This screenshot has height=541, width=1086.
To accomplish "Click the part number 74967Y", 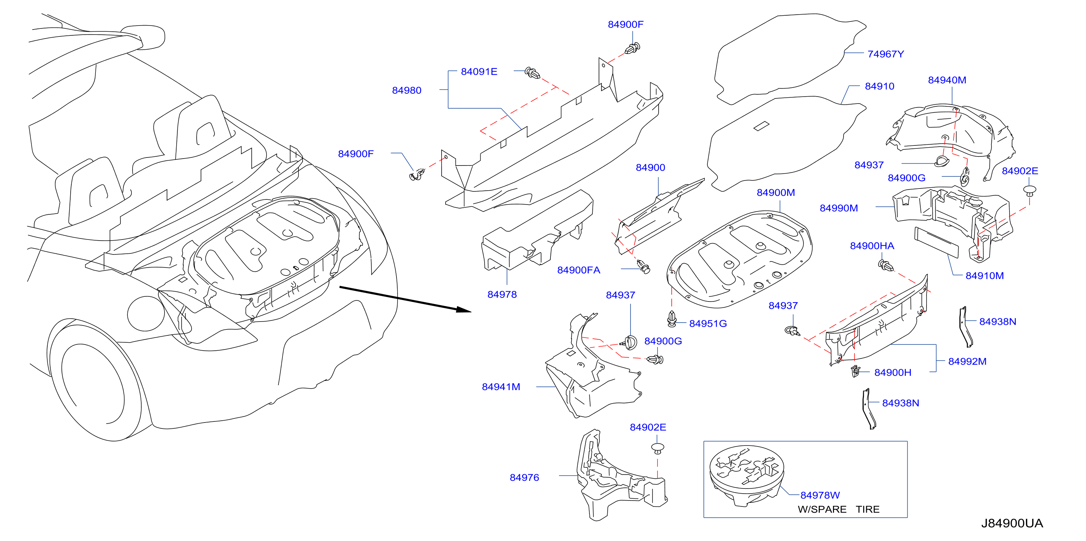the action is pos(885,54).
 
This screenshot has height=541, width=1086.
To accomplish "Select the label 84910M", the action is pos(984,276).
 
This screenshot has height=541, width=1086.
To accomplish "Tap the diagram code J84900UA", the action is pos(1012,523).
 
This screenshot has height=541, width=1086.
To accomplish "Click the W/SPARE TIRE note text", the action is pos(838,509).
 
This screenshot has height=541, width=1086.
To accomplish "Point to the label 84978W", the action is pos(820,495).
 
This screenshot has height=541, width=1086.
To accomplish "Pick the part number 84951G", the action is pos(708,324).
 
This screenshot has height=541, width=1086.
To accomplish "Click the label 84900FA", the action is pos(578,270).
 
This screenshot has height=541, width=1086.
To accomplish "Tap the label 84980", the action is pos(406,90).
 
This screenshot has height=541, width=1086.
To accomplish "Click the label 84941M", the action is pos(501,387).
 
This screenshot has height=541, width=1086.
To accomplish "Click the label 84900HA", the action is pos(872,246).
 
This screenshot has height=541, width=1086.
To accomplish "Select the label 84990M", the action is pos(838,208).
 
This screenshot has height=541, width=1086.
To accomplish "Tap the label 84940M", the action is pos(947,80).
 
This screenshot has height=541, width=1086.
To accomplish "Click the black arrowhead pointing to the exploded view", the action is pos(464,310).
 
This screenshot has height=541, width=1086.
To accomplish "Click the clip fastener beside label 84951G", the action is pos(672,319).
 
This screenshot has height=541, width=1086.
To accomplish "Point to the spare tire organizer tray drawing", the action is pos(746,476).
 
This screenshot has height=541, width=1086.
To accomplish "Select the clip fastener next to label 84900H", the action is pos(855,371).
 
